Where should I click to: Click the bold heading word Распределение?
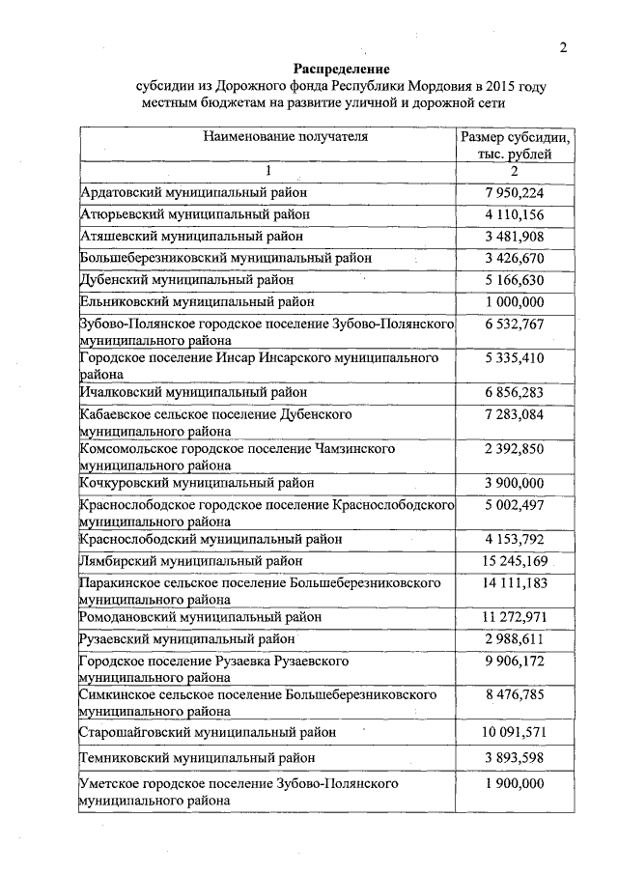point(341,70)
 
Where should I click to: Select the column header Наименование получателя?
point(271,136)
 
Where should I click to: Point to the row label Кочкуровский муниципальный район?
point(196,482)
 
